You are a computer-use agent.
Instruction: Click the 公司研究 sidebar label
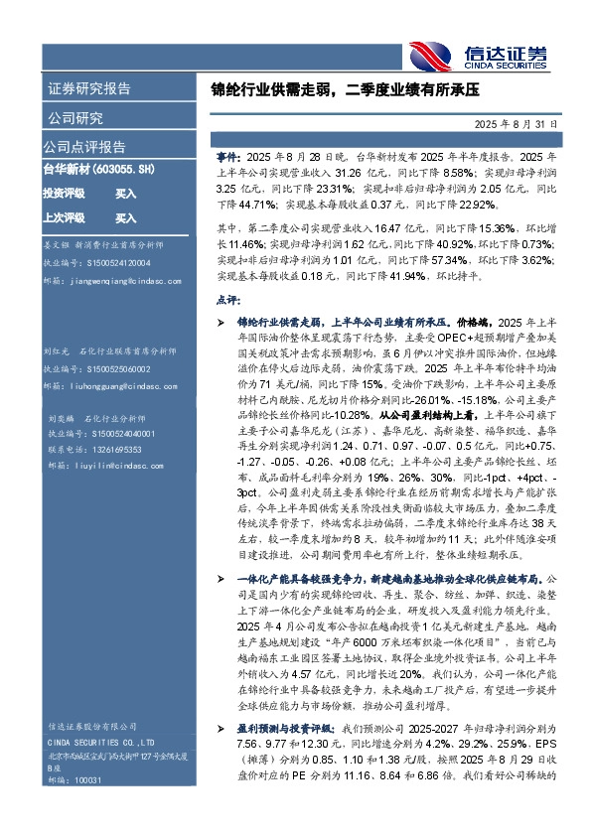pos(75,118)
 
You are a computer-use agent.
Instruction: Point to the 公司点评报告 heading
pos(84,147)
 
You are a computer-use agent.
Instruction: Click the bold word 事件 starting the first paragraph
pos(227,156)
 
